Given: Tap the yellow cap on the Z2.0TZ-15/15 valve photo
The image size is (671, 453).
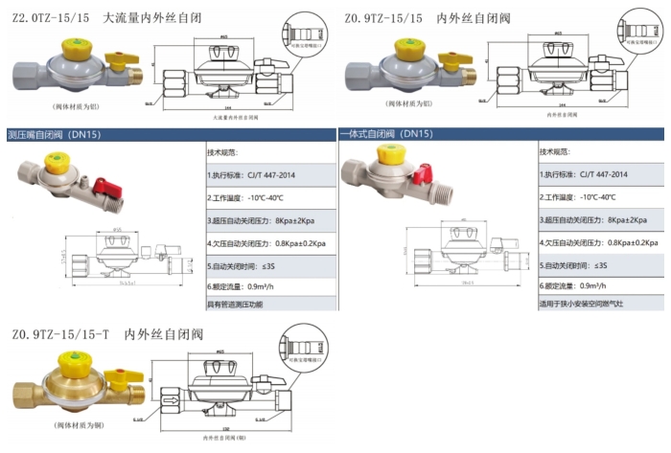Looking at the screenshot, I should pos(71,45).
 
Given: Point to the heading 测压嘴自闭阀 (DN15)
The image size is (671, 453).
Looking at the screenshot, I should pos(54,135).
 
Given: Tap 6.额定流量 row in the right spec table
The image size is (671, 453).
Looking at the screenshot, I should pos(581,284).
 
